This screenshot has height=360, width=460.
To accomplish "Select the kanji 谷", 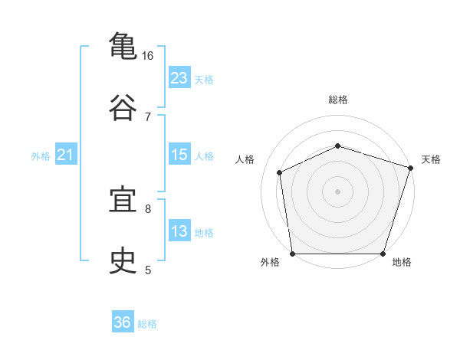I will pyautogui.click(x=123, y=108).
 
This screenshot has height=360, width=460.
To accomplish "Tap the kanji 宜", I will pyautogui.click(x=123, y=201).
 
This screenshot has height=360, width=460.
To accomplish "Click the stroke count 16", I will pyautogui.click(x=148, y=56).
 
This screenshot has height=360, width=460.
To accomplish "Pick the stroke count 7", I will pyautogui.click(x=148, y=116).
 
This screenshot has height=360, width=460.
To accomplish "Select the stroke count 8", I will pyautogui.click(x=148, y=208).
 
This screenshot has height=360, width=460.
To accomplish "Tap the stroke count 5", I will pyautogui.click(x=148, y=270).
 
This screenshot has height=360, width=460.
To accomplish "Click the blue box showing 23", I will pyautogui.click(x=179, y=78).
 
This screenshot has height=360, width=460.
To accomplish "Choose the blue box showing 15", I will pyautogui.click(x=179, y=155).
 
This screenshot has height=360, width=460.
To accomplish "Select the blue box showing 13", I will pyautogui.click(x=179, y=231).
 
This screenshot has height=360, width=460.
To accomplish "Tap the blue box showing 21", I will pyautogui.click(x=65, y=155).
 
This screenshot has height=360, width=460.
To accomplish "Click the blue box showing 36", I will pyautogui.click(x=123, y=322).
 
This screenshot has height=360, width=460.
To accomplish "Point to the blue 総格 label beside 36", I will pyautogui.click(x=147, y=324).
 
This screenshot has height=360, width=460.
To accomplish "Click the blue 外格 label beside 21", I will pyautogui.click(x=41, y=156).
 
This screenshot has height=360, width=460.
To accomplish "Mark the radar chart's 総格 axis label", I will pyautogui.click(x=338, y=100).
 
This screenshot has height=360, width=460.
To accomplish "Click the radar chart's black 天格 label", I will pyautogui.click(x=431, y=159).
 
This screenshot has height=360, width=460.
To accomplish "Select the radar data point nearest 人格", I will pyautogui.click(x=280, y=172).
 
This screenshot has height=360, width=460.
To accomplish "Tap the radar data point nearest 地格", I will pyautogui.click(x=383, y=254).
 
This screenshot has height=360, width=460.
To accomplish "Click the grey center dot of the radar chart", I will pyautogui.click(x=338, y=191).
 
